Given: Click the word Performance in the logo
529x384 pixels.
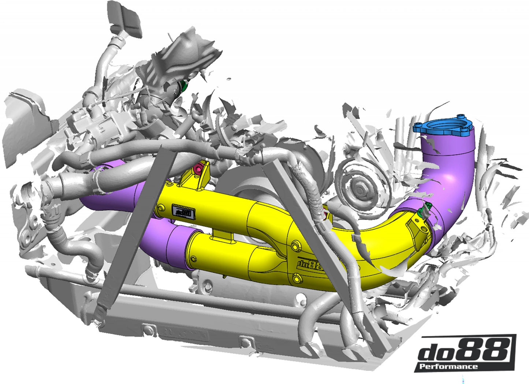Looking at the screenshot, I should coord(448,366).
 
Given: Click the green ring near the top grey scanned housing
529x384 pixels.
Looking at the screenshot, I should coord(184,86).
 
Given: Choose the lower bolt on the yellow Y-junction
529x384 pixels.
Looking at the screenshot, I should coord(295,280).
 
